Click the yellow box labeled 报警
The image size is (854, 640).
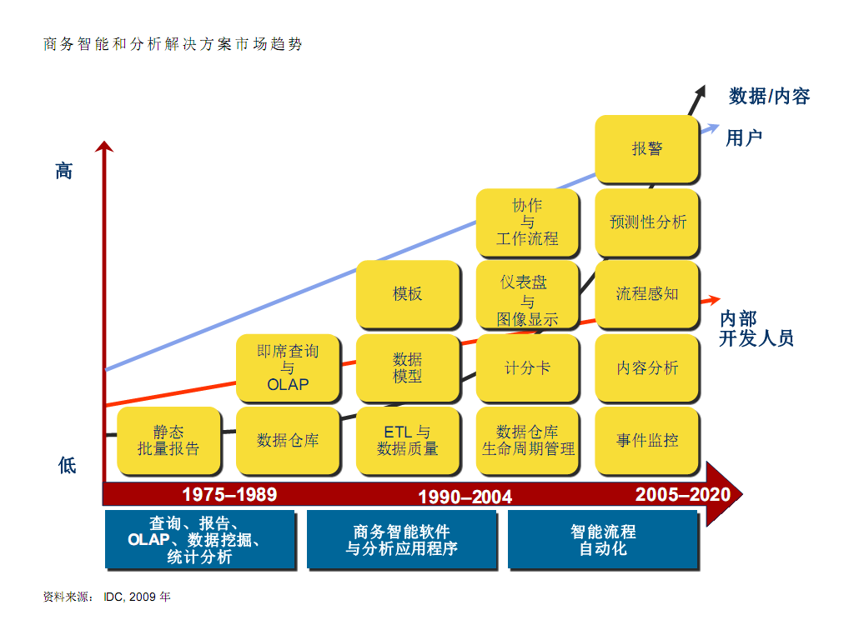point(647,149)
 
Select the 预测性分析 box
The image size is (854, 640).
point(647,222)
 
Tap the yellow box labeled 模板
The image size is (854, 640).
point(408,294)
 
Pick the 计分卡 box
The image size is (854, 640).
point(527,367)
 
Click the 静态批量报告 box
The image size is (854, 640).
point(168,440)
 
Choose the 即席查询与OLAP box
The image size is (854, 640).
point(288,367)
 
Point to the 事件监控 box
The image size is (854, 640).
point(647,440)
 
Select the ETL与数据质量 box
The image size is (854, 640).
point(408,440)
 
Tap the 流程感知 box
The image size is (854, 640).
point(647,294)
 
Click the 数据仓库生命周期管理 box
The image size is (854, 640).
point(527,440)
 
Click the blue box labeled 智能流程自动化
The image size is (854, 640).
point(602,540)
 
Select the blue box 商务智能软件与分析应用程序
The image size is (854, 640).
point(401,540)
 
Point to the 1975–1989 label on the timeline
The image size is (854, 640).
point(229,494)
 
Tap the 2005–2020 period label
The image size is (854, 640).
point(682,494)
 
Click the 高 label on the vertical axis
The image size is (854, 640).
point(64,172)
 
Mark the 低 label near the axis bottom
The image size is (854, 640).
point(67,465)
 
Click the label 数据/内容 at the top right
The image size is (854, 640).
point(769,97)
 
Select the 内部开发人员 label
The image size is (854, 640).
point(756,328)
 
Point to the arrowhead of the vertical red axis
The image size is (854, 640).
point(104,147)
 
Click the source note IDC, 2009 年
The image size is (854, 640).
point(137,597)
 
